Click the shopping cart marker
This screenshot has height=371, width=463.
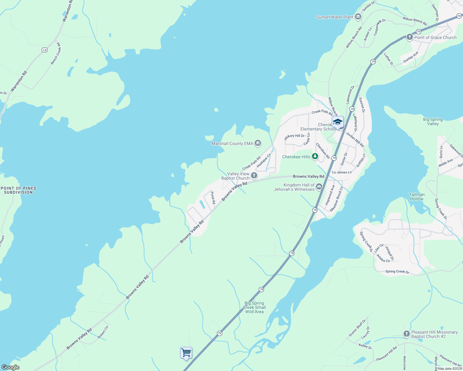point(186,353)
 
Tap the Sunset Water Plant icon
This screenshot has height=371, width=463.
point(358,17)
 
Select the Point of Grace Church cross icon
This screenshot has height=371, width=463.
point(409,37)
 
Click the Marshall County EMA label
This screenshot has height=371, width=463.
point(232,143)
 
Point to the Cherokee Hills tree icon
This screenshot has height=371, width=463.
point(315,156)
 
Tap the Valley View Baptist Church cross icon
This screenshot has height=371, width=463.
point(254,176)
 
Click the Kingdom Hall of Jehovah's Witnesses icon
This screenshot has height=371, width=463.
point(319,186)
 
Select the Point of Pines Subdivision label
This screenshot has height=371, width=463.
point(19,190)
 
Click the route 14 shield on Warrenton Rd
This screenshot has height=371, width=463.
point(45,50)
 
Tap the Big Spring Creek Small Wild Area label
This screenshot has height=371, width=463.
point(254,307)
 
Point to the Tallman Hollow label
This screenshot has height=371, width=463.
point(417,197)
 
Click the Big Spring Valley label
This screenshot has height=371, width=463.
point(433,122)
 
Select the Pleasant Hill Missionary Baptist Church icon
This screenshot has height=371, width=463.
point(407,334)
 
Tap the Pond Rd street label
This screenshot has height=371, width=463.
point(213,198)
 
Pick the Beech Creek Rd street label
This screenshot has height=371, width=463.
point(56,53)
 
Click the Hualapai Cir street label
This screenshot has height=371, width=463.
point(264,160)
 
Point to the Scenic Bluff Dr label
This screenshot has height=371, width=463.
point(357,328)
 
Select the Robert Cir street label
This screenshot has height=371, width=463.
point(103,332)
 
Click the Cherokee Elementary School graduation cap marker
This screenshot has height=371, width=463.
point(338,122)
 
